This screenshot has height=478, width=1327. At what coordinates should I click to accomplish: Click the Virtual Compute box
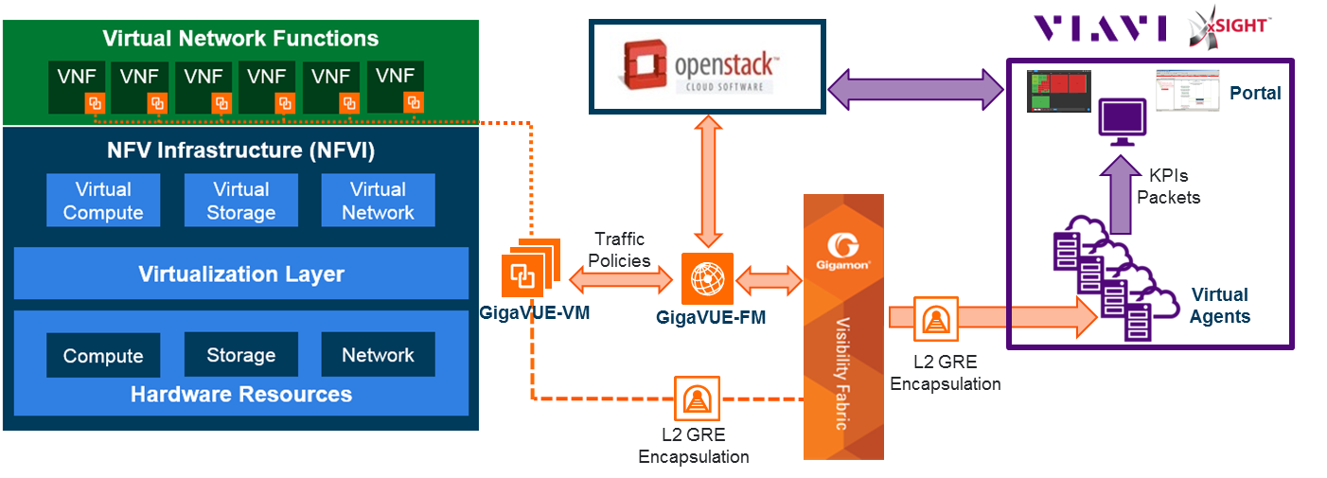(x=103, y=201)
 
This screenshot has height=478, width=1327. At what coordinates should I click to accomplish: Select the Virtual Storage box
(x=240, y=201)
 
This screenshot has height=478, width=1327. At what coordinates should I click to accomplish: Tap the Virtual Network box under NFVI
(x=378, y=201)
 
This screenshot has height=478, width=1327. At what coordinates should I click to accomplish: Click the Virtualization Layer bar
(x=241, y=274)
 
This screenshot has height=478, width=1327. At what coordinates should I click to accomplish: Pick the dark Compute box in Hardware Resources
(x=103, y=356)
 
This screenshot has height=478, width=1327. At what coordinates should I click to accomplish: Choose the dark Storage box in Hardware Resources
(x=240, y=355)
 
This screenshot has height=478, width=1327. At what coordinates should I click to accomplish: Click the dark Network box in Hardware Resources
(x=378, y=355)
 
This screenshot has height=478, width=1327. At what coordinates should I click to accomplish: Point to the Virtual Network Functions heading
(x=240, y=39)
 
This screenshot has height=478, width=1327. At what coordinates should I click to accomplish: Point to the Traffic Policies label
(x=621, y=250)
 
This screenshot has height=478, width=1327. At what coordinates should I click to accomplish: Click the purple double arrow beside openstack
(x=915, y=92)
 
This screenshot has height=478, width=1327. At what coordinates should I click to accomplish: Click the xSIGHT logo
(x=1229, y=27)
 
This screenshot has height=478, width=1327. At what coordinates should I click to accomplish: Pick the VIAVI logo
(x=1099, y=27)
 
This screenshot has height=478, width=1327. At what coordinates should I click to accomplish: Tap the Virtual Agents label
(x=1219, y=305)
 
